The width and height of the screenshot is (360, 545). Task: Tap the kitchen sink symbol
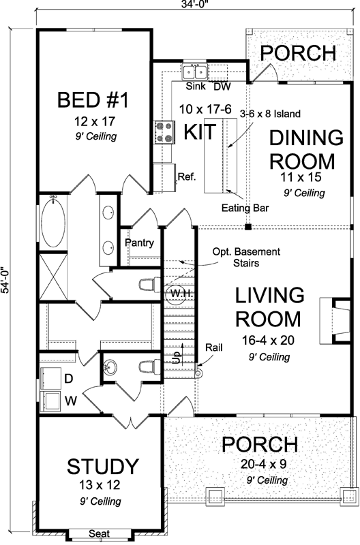pyautogui.click(x=195, y=72)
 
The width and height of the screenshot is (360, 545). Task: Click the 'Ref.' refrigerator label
pyautogui.click(x=187, y=176)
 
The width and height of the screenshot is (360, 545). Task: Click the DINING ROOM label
pyautogui.click(x=305, y=149)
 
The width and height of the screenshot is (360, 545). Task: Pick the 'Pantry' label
pyautogui.click(x=139, y=243)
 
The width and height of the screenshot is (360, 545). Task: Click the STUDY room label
pyautogui.click(x=103, y=467)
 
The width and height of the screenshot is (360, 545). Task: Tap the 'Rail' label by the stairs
pyautogui.click(x=213, y=347)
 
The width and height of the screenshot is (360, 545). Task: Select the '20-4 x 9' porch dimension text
pyautogui.click(x=260, y=467)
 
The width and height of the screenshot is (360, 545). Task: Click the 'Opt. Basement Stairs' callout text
pyautogui.click(x=235, y=256)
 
